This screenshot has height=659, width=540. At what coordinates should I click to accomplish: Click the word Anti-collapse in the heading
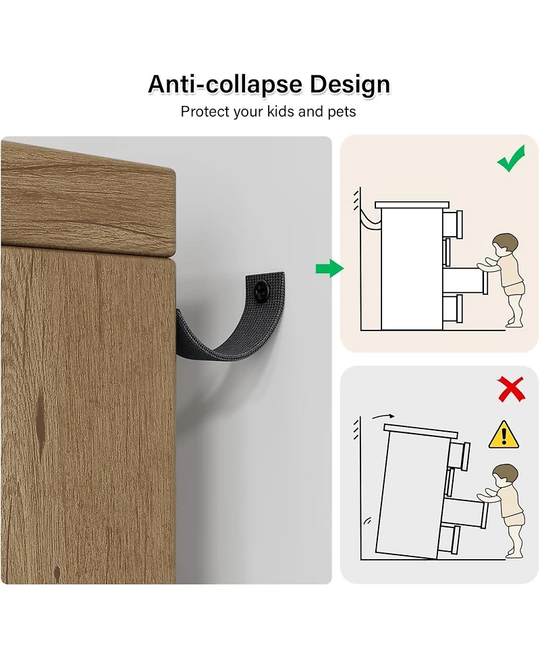225,84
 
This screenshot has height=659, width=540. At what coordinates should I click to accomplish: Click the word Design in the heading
350,85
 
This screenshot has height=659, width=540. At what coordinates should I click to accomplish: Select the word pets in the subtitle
342,112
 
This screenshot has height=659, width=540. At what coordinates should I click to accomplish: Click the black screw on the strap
262,291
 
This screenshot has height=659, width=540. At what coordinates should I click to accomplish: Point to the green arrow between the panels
329,268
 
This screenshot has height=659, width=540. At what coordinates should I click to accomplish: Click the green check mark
511,158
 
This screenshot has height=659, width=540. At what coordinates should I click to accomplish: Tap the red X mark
511,389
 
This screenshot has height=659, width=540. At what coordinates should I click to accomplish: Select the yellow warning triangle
504,434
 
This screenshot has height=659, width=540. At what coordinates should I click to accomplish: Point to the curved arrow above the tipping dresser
383,416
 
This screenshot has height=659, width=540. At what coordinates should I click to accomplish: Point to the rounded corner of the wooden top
170,172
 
